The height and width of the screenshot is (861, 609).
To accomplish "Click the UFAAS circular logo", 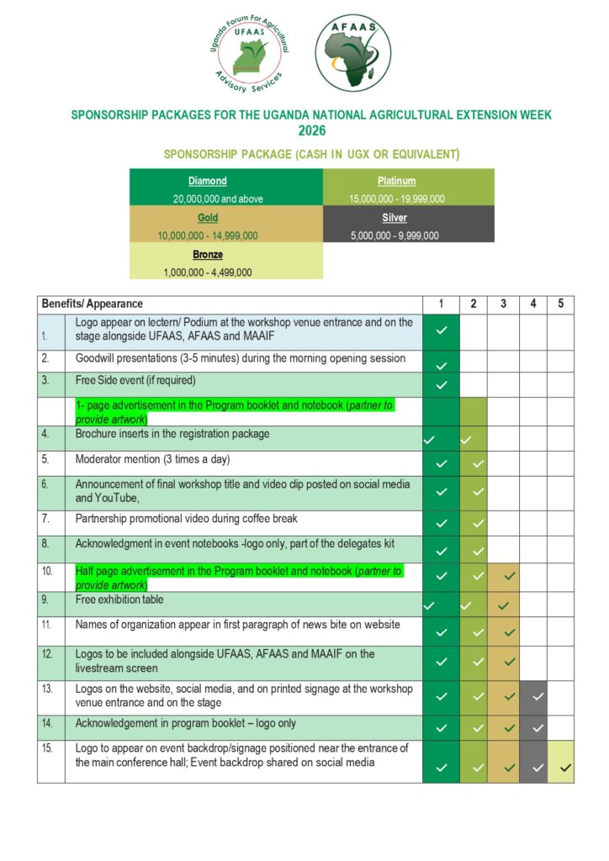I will (249, 54).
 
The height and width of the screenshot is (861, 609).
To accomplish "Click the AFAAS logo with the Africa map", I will (352, 52).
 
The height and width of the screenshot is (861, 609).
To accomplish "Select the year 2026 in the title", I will (311, 130).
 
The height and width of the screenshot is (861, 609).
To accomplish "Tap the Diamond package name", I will (207, 181).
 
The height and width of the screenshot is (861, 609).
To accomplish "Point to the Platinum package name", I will (396, 181).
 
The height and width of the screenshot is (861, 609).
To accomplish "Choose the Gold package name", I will (207, 218).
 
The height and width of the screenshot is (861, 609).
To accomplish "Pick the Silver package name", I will (395, 218).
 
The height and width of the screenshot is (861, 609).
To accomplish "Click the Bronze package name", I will (207, 254).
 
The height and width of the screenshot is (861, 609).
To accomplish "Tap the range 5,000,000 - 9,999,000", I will (395, 235).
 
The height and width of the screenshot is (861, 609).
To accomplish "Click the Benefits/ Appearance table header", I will (93, 304).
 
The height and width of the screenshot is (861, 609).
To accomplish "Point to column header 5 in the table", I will (560, 304).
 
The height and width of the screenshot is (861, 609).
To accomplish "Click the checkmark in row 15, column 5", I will (564, 767).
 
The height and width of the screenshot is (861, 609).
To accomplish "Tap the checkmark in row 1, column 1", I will (442, 330).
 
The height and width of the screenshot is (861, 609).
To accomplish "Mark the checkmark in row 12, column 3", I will (507, 662).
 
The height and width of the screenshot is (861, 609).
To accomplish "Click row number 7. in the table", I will (47, 519).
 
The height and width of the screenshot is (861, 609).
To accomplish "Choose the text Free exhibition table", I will (119, 600).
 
